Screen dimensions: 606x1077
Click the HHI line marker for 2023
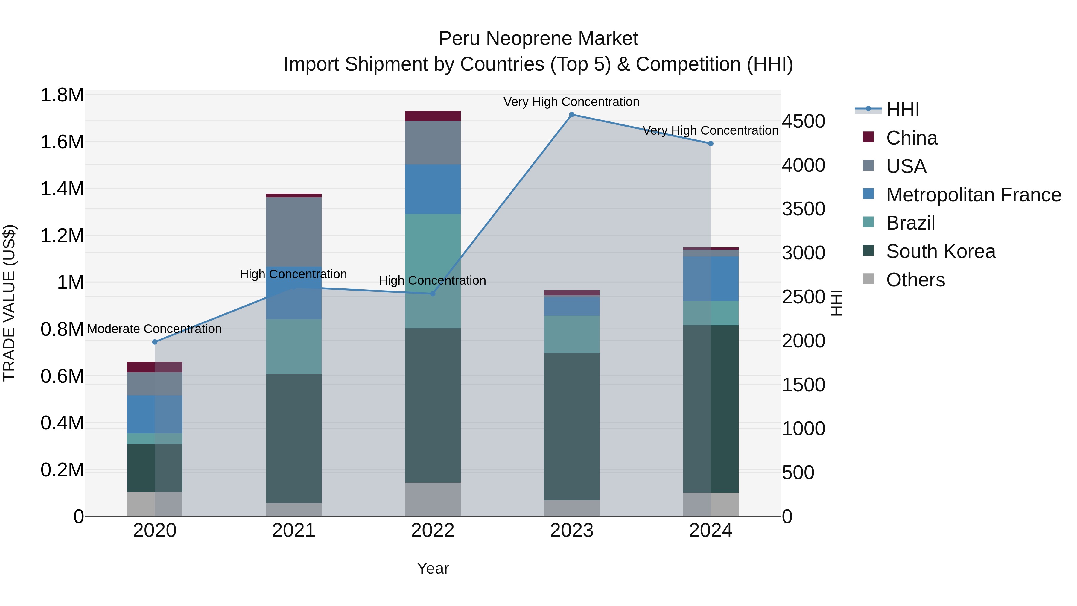[571, 115]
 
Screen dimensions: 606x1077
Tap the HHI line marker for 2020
[155, 342]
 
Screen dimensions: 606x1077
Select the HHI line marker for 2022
[433, 294]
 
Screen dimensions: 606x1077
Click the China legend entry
[912, 138]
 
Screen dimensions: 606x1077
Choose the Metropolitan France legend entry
[973, 195]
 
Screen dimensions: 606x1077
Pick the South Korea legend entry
[941, 251]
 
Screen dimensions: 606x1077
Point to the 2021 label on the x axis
[293, 531]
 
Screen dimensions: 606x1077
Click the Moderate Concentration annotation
[154, 329]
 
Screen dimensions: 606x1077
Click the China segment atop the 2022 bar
[433, 116]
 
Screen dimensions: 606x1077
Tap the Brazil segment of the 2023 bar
[571, 334]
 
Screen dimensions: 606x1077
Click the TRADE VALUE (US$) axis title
[9, 303]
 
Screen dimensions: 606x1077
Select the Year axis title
[433, 568]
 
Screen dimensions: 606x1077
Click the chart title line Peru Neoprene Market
[538, 39]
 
